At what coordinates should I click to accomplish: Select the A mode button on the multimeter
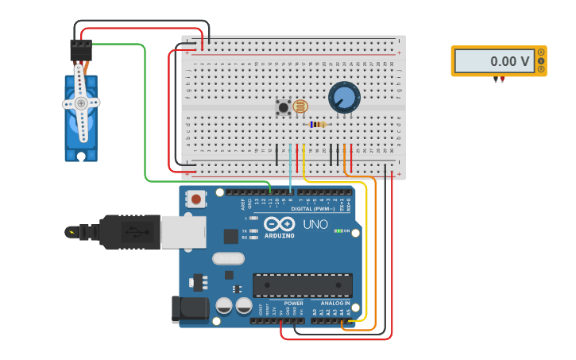coord(541,52)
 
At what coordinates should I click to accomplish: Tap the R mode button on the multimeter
coord(541,69)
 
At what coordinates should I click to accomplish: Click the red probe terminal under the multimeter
coord(502,79)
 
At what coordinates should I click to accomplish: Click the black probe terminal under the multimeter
coord(496,79)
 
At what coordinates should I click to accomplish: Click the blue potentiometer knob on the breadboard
coord(344,97)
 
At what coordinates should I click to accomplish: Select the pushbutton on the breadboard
coord(283,106)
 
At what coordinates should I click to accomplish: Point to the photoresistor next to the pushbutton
coord(300,106)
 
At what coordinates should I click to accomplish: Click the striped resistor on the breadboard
coord(318,124)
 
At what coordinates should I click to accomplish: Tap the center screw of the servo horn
coord(81,103)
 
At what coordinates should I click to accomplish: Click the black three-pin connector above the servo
coord(81,50)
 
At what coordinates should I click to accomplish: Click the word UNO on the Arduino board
coord(315,224)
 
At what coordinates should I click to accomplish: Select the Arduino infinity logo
coord(280,224)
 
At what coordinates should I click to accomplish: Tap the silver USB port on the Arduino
coord(183,232)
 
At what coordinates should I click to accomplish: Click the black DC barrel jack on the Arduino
coord(189,310)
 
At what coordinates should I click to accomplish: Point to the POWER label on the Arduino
coord(293,303)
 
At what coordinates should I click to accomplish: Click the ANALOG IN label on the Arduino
coord(335,303)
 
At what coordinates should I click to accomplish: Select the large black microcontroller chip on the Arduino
coord(302,285)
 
